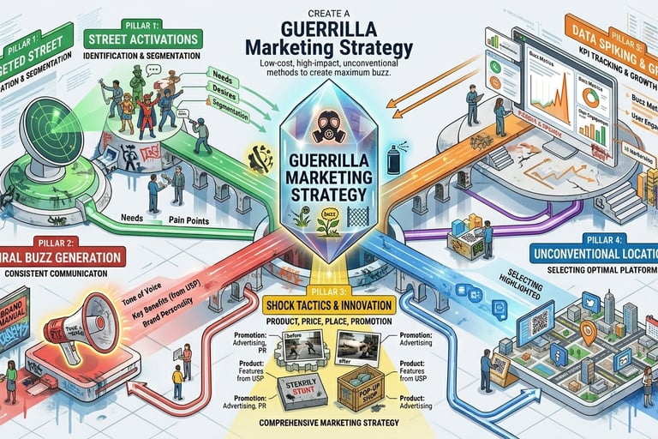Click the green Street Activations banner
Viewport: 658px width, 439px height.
143,38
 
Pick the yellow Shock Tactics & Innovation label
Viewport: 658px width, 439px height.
329,304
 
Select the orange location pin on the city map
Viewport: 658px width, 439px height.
587,332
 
